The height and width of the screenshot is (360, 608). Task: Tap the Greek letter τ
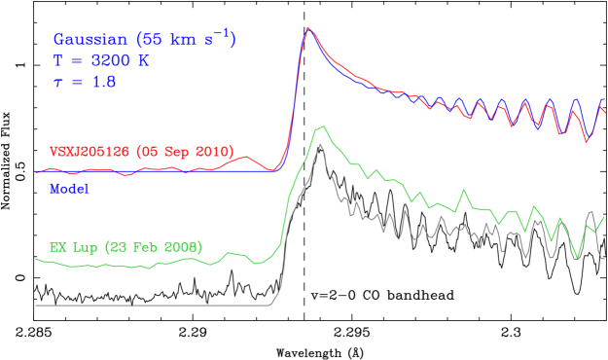tap(57, 84)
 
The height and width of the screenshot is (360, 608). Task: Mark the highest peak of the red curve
tap(307, 27)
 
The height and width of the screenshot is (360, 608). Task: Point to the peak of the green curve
tap(320, 127)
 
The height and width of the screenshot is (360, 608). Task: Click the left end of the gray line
tap(36, 306)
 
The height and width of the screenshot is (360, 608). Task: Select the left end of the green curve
tap(36, 259)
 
